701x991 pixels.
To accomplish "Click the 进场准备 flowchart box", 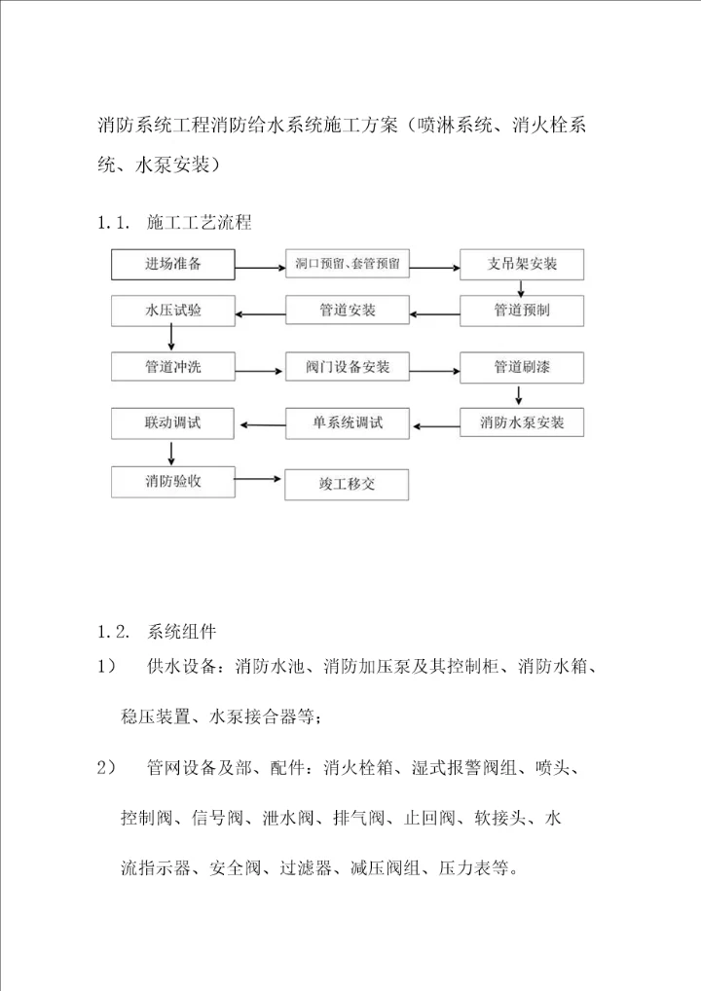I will pos(173,264).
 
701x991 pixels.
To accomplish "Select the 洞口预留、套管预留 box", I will pos(348,265).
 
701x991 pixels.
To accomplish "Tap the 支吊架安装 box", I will pos(522,265).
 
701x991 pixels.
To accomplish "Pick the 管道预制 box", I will pos(522,311).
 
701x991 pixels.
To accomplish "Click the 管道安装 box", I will pos(348,312).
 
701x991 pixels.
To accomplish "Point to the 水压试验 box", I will pos(173,311).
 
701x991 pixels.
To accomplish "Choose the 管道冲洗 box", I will pos(173,367).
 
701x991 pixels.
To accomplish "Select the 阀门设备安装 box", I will pos(348,368).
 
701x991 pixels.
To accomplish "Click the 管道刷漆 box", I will pos(522,368).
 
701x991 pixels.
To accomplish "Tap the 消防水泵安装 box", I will pos(522,423).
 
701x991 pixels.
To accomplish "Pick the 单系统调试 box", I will pos(348,422).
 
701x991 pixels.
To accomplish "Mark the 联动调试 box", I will pos(173,422).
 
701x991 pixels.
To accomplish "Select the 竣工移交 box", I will pos(348,484).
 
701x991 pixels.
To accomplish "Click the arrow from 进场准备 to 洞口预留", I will pos(260,265).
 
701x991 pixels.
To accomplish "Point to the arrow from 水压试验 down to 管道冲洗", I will pos(172,338).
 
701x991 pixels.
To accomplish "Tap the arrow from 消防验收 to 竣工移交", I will pos(260,479).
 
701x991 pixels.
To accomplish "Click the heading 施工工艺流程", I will pos(199,223).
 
